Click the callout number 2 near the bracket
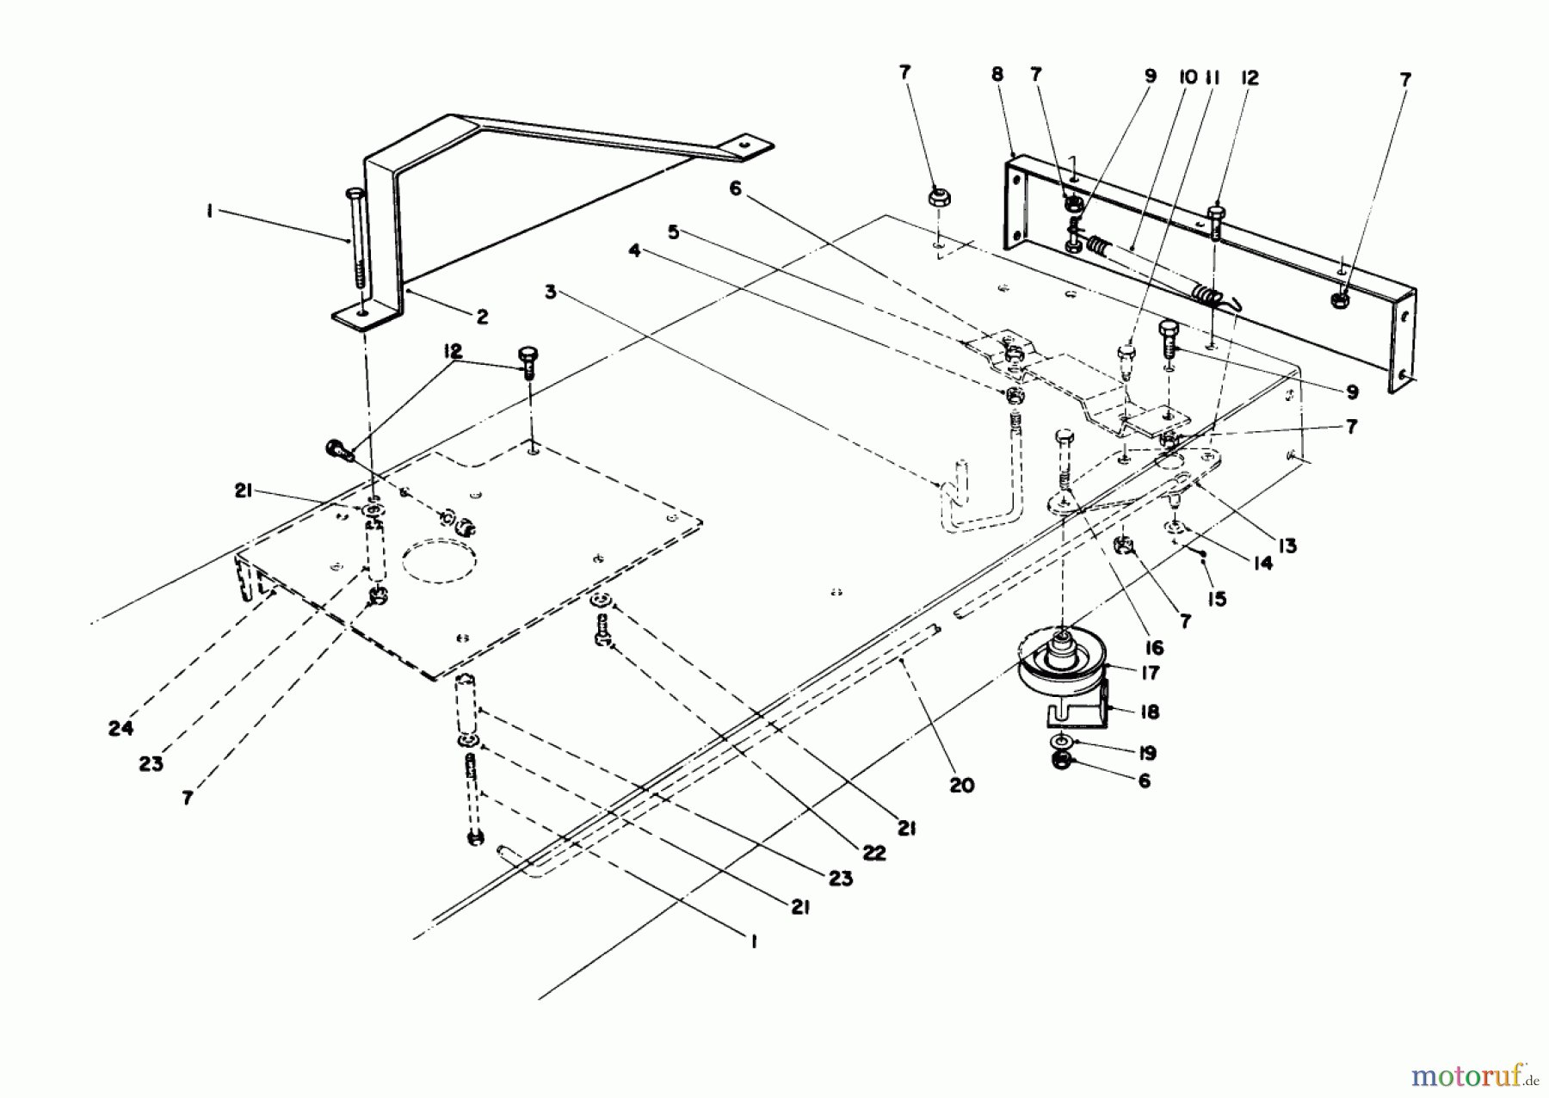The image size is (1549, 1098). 482,317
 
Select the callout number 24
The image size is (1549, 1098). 120,728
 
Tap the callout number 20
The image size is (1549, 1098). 961,785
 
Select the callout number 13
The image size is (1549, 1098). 1287,546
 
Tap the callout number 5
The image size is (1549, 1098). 674,232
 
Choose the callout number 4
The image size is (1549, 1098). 634,250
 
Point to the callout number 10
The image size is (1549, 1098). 1188,77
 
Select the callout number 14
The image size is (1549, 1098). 1262,564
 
